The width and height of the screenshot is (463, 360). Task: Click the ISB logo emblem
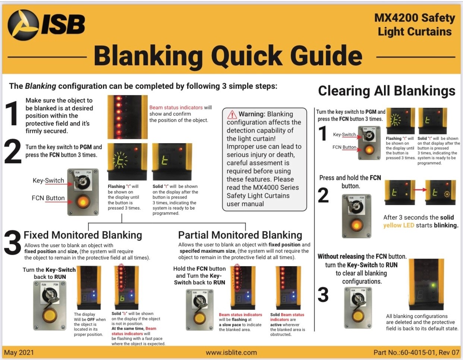tap(23, 25)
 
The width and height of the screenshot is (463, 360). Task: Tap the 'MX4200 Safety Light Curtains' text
tap(415, 25)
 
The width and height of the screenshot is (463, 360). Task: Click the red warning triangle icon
tap(232, 114)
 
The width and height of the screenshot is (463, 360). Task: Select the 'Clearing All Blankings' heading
tap(387, 91)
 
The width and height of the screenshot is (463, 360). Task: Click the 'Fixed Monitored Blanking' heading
tap(83, 235)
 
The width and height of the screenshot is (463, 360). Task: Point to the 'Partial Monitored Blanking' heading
tap(240, 235)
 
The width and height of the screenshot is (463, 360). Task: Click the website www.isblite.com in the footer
tap(231, 353)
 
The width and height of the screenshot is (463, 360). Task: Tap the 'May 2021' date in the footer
tap(19, 353)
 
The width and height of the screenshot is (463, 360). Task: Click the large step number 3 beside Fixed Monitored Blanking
tap(12, 243)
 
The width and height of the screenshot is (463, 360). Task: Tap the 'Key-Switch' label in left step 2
tap(48, 181)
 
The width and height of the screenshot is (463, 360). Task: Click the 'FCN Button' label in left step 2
tap(48, 198)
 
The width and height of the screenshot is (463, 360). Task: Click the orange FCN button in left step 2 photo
tap(83, 202)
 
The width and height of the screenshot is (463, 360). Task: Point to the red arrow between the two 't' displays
tap(420, 190)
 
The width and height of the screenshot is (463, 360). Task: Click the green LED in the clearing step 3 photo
tap(433, 286)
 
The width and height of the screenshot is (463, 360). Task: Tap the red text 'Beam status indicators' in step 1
tap(176, 107)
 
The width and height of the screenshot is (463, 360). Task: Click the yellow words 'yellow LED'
tap(398, 225)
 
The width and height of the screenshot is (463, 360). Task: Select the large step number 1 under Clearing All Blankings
tap(323, 133)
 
